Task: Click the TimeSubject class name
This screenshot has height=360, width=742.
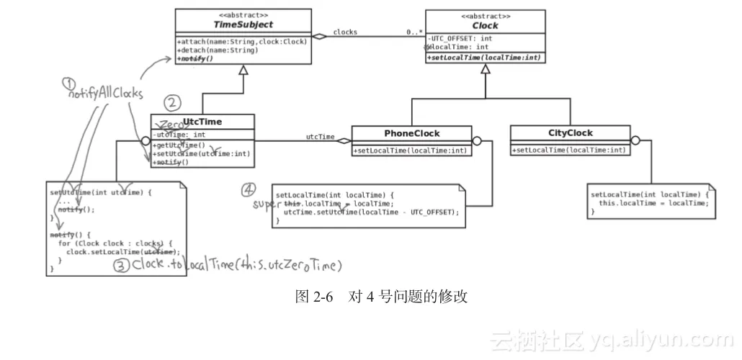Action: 243,24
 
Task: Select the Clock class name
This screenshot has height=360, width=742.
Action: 486,25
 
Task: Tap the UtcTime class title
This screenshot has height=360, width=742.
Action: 202,122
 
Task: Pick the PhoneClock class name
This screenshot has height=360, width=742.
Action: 411,133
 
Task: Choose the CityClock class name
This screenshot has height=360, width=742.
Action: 570,133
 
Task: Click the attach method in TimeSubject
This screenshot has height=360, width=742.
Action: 242,41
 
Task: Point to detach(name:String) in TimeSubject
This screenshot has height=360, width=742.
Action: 217,50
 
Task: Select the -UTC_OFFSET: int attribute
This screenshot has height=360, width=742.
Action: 460,38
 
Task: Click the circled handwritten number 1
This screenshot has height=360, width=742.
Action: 68,83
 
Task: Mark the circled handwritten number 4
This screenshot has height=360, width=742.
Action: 248,189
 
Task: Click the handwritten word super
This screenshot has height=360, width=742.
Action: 264,204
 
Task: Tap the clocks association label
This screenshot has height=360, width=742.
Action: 345,32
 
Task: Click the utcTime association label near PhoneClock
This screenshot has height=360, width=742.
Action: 320,137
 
